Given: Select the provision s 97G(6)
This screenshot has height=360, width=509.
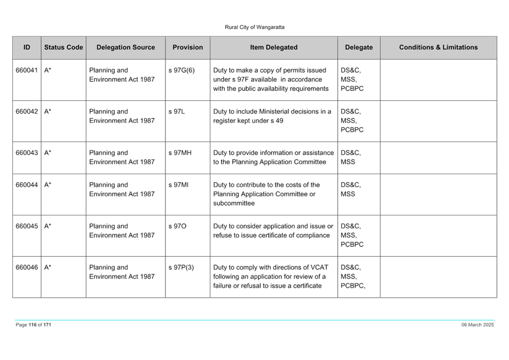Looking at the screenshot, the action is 182,70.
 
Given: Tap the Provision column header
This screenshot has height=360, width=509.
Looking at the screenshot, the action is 188,47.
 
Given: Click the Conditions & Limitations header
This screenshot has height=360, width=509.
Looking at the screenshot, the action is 438,47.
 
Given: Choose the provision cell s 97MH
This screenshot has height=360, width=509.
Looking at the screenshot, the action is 180,153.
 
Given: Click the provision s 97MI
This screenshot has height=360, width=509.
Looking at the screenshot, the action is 178,185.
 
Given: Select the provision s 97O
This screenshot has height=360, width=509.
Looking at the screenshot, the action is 177,226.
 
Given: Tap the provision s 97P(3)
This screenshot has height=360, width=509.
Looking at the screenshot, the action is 181,267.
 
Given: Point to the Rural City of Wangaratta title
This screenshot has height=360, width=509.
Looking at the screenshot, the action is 254,27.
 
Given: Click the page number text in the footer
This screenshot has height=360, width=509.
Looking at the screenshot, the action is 33,324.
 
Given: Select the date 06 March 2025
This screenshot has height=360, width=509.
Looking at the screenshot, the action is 478,324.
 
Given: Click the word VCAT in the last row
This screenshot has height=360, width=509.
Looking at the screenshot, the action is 319,267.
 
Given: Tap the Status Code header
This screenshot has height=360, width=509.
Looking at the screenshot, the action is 63,47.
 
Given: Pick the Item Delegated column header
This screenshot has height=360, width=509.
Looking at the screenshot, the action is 274,47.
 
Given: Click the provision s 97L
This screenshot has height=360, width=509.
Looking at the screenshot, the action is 176,111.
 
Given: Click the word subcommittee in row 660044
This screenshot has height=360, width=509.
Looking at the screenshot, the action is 234,203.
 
